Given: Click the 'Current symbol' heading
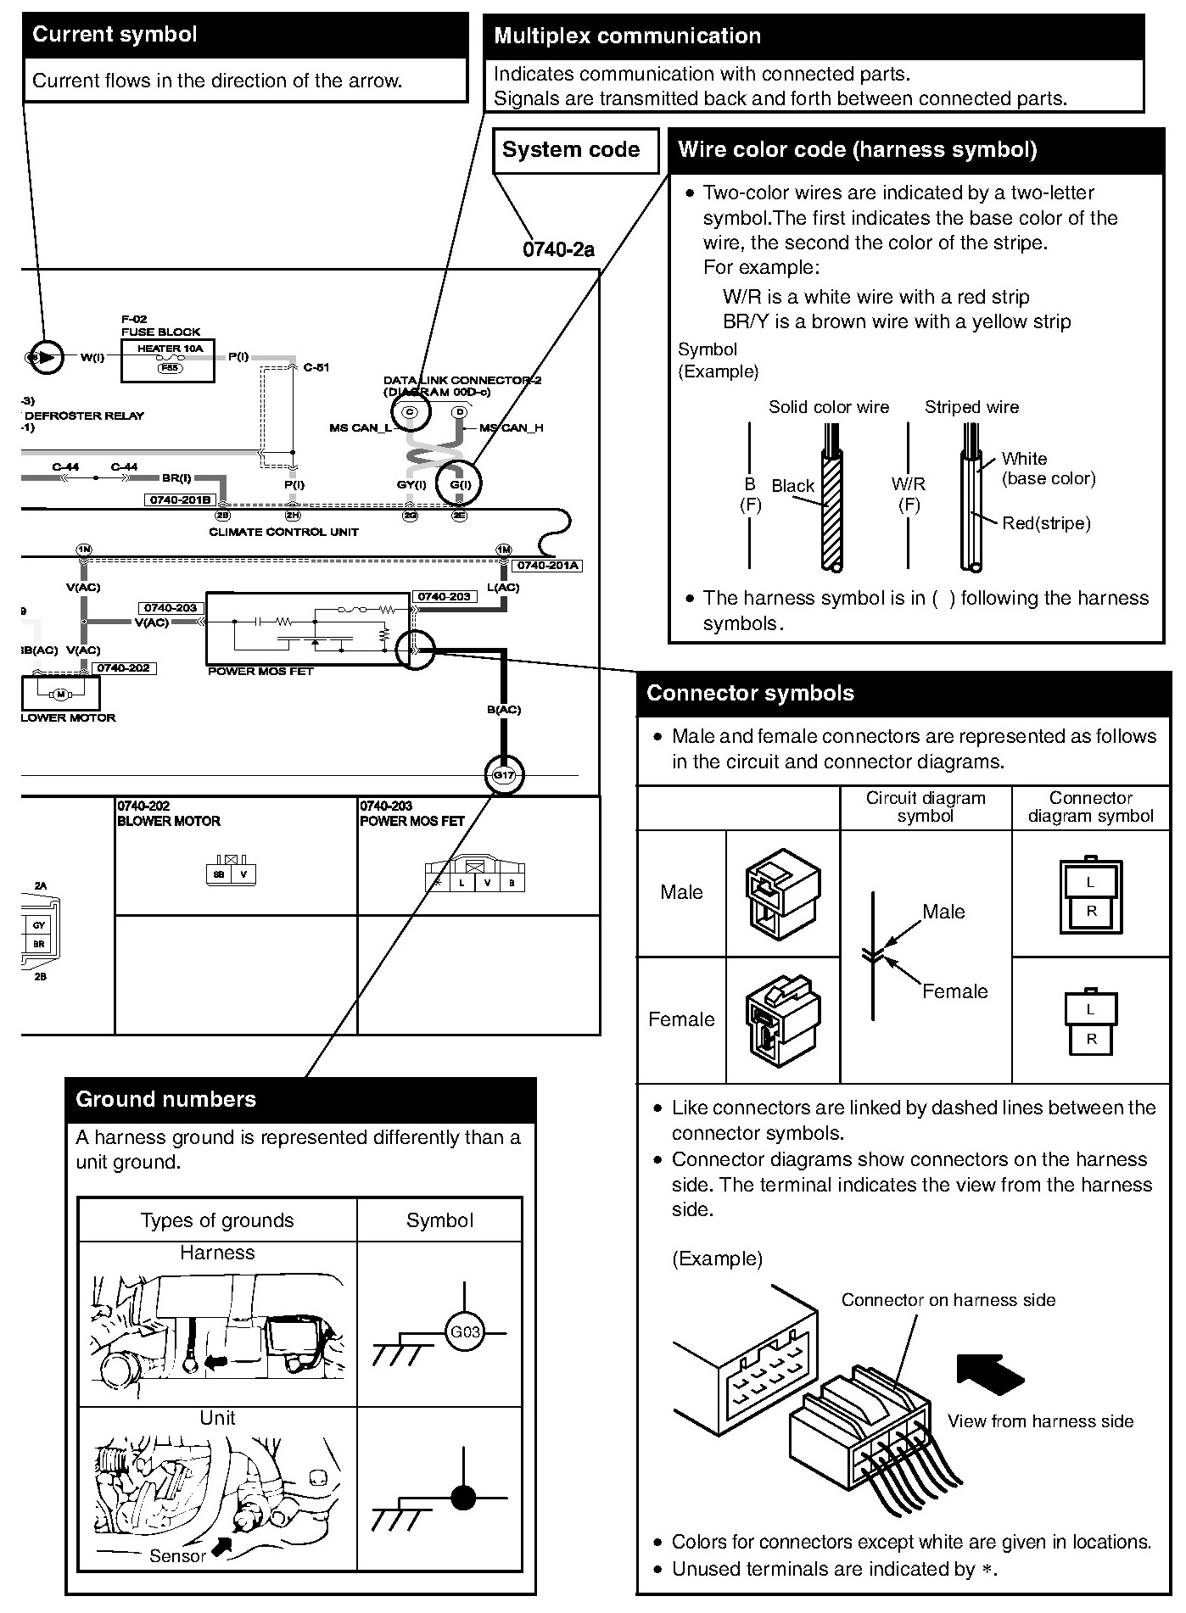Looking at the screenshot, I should [115, 35].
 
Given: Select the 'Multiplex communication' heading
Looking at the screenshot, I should [627, 36].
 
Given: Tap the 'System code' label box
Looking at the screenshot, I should [571, 150].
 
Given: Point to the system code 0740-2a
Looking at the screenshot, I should [558, 249].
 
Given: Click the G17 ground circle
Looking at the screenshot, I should [504, 775].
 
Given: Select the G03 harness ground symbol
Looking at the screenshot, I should [464, 1331].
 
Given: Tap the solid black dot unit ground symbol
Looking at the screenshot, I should [463, 1499].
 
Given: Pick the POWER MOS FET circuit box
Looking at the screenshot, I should [308, 628].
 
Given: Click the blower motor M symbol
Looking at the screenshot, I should [60, 695].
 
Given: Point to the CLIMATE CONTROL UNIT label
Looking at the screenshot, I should [283, 532].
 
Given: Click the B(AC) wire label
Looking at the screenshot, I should [504, 709].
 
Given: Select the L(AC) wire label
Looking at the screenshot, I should [503, 587].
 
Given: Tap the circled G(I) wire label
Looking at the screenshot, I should [459, 484].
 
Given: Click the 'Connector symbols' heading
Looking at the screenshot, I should [750, 693].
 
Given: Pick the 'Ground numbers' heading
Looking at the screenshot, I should [165, 1099].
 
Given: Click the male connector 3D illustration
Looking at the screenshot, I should [782, 893].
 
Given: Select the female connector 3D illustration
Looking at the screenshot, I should [782, 1019].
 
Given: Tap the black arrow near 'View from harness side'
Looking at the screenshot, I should [990, 1374].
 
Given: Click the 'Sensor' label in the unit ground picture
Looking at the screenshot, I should [177, 1556].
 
